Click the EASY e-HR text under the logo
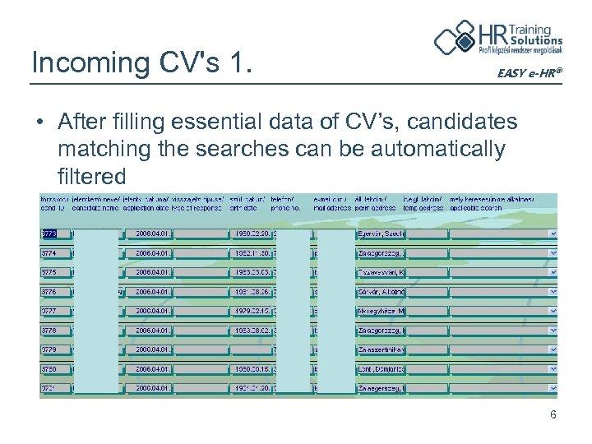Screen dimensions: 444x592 pos(530,74)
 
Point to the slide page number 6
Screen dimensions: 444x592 pos(553,414)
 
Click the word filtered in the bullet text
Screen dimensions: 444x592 pos(91,176)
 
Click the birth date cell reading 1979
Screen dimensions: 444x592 pos(250,311)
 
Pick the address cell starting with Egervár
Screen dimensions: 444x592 pos(381,234)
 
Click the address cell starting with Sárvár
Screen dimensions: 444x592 pos(381,292)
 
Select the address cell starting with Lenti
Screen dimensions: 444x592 pos(381,369)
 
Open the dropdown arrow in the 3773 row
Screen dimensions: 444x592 pos(553,234)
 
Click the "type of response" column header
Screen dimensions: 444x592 pos(200,208)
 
